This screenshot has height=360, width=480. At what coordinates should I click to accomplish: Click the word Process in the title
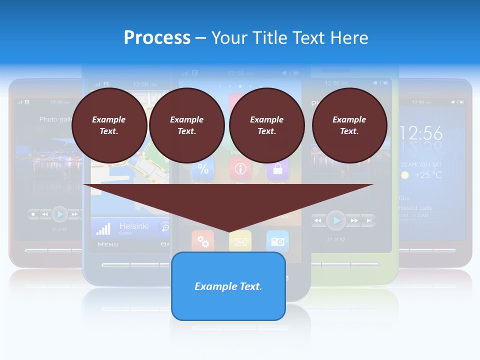tap(157, 37)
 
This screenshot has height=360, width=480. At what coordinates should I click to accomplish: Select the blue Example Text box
tap(228, 286)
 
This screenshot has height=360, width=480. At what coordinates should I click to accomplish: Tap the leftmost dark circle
tap(109, 125)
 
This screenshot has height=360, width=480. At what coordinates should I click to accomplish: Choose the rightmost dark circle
tap(349, 125)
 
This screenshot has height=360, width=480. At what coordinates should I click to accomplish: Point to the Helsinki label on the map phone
tap(133, 226)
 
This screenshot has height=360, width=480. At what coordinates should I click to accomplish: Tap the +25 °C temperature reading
tap(428, 175)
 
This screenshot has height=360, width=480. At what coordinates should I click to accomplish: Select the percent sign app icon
tap(203, 169)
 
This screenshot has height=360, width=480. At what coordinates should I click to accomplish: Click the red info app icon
tap(240, 169)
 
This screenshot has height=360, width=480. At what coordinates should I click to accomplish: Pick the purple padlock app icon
tap(277, 169)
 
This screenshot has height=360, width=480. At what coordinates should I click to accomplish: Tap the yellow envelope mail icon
tap(240, 241)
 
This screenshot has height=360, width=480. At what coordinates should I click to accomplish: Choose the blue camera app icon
tap(277, 241)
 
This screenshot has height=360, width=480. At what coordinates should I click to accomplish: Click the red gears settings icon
tap(203, 241)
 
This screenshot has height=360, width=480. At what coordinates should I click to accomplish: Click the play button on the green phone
tap(336, 220)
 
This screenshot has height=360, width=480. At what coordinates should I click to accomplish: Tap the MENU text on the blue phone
tap(108, 244)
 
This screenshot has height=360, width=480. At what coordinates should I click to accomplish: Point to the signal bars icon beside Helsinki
tap(103, 228)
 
